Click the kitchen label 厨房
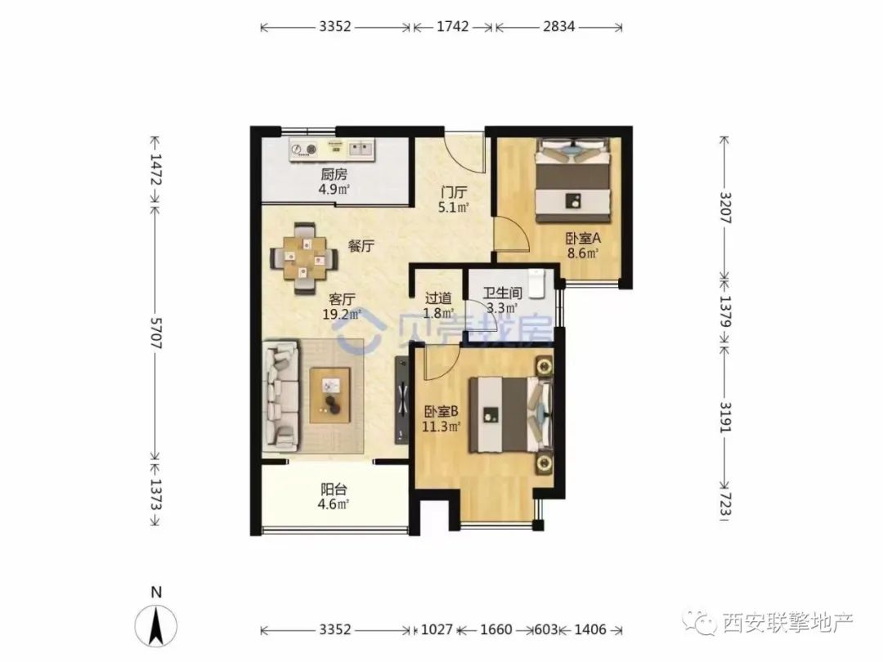[334, 175]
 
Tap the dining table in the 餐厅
[305, 258]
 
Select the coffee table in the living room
[330, 395]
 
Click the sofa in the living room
[280, 396]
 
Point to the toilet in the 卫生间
[536, 284]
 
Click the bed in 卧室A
[573, 180]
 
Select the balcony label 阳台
[334, 490]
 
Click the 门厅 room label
[454, 193]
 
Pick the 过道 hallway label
[437, 297]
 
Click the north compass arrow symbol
[156, 625]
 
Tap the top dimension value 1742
[453, 26]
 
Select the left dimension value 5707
[156, 333]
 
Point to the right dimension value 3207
[725, 208]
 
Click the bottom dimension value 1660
[496, 629]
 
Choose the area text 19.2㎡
[342, 314]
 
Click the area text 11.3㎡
[441, 427]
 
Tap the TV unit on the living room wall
[402, 399]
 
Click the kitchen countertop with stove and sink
[332, 150]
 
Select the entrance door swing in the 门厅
[464, 152]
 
